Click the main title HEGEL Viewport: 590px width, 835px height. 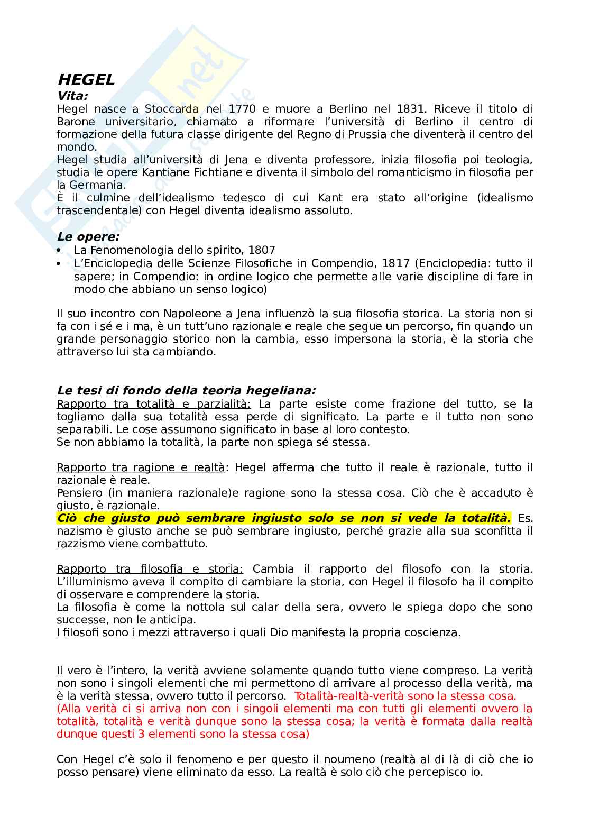86,80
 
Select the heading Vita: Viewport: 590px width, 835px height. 72,96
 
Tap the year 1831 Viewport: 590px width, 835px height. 410,109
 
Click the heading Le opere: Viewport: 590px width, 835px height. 88,237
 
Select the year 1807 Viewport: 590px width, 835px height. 262,250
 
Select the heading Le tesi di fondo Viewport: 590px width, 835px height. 186,391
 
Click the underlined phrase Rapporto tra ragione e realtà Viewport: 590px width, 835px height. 141,467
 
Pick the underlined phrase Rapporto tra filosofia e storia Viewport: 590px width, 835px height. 150,569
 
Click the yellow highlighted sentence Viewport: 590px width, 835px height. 283,518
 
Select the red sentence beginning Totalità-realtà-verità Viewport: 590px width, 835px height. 405,696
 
